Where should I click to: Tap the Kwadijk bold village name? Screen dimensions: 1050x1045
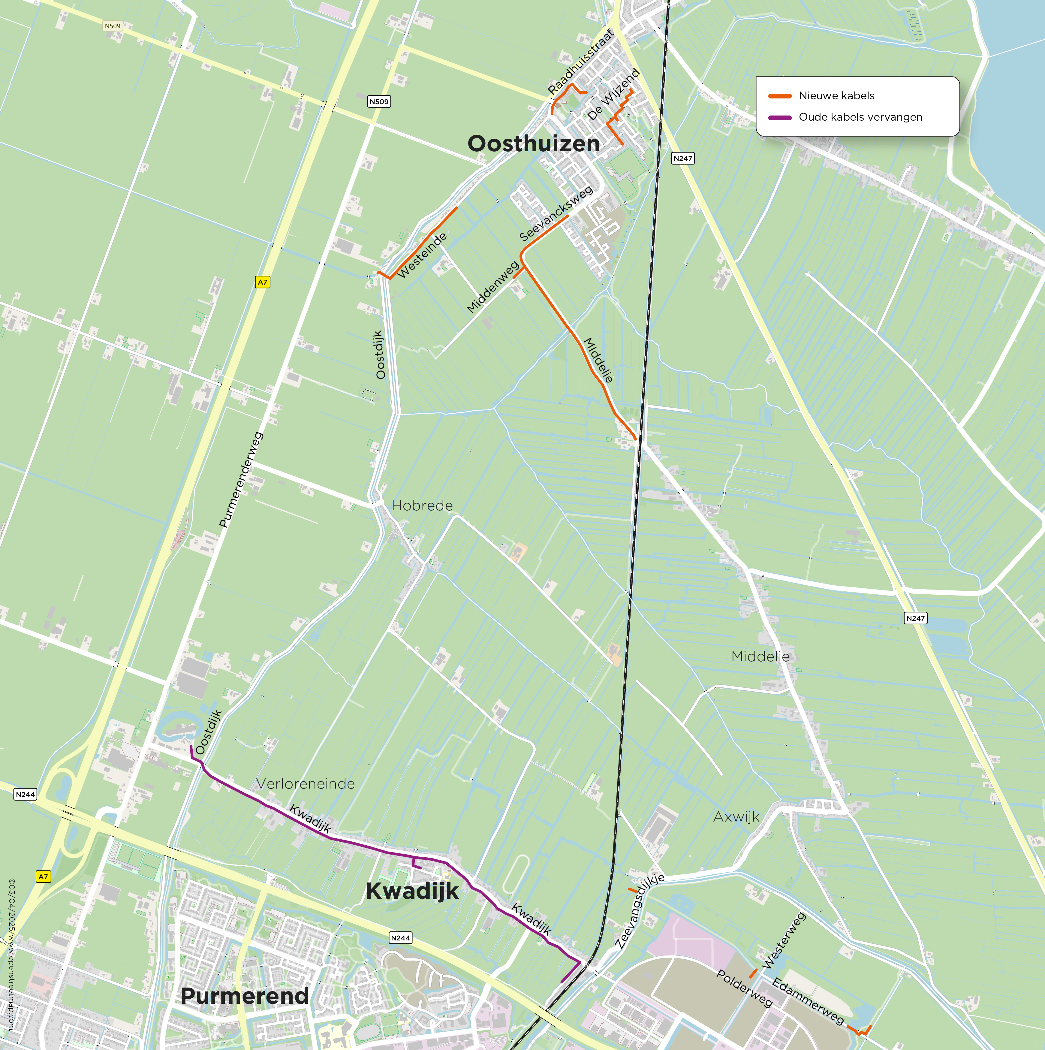click(412, 891)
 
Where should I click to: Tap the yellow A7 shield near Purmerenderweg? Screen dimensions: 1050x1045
click(263, 282)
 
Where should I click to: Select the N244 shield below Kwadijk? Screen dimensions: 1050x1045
click(400, 937)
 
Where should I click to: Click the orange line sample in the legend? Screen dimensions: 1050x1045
click(779, 96)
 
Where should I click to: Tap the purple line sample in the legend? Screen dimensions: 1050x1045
click(779, 117)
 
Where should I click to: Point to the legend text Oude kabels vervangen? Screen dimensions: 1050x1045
click(860, 117)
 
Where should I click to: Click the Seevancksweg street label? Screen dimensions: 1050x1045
click(556, 214)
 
